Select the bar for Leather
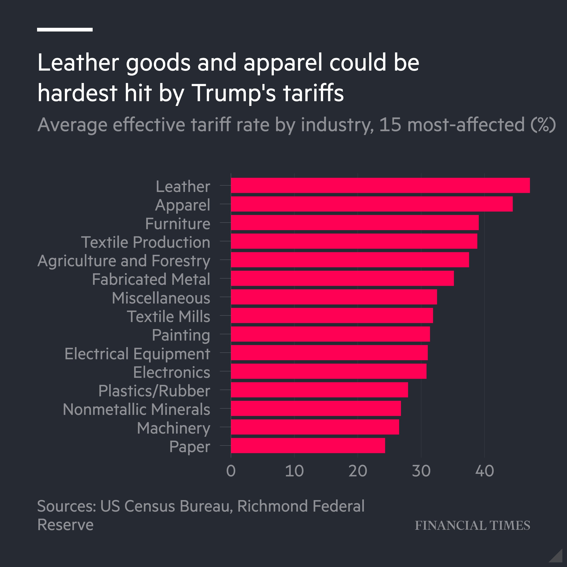[x=380, y=185]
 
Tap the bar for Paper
[x=308, y=445]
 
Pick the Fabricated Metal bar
[x=342, y=278]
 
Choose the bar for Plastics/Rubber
[x=319, y=390]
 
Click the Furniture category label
[x=178, y=224]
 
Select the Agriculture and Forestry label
[x=124, y=261]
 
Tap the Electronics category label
[x=172, y=372]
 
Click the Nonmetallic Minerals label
[x=136, y=409]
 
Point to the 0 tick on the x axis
[x=231, y=471]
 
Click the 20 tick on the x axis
[x=358, y=471]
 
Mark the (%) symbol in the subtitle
[x=543, y=125]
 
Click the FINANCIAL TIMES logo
[x=472, y=525]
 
